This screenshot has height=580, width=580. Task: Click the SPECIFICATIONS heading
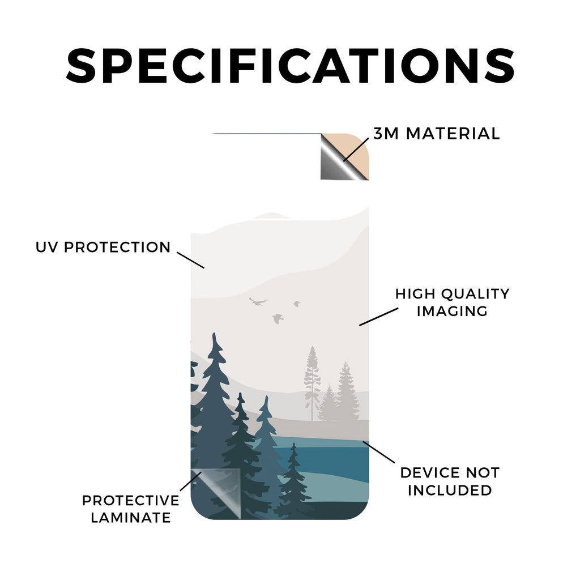pos(290,66)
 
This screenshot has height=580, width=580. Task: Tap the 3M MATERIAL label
pos(437,134)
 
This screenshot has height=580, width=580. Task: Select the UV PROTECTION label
pos(103,247)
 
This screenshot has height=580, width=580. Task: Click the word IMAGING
pos(452,311)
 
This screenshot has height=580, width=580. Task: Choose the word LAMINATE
pos(131,518)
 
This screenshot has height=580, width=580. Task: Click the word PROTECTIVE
pos(131,501)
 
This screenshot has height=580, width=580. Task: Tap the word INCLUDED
pos(450,490)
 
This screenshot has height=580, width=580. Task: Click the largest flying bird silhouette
pos(258,301)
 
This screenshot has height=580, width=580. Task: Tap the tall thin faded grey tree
pos(312,383)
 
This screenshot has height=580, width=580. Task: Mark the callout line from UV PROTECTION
pos(190,260)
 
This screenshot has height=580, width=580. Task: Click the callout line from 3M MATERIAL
pos(356,150)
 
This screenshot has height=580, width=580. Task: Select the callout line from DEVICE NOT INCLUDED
pos(378,451)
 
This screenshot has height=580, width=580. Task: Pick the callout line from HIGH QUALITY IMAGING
pos(379,317)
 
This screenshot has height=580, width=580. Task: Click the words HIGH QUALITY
pos(452,294)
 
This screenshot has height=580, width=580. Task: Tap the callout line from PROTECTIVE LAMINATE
pos(191,481)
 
